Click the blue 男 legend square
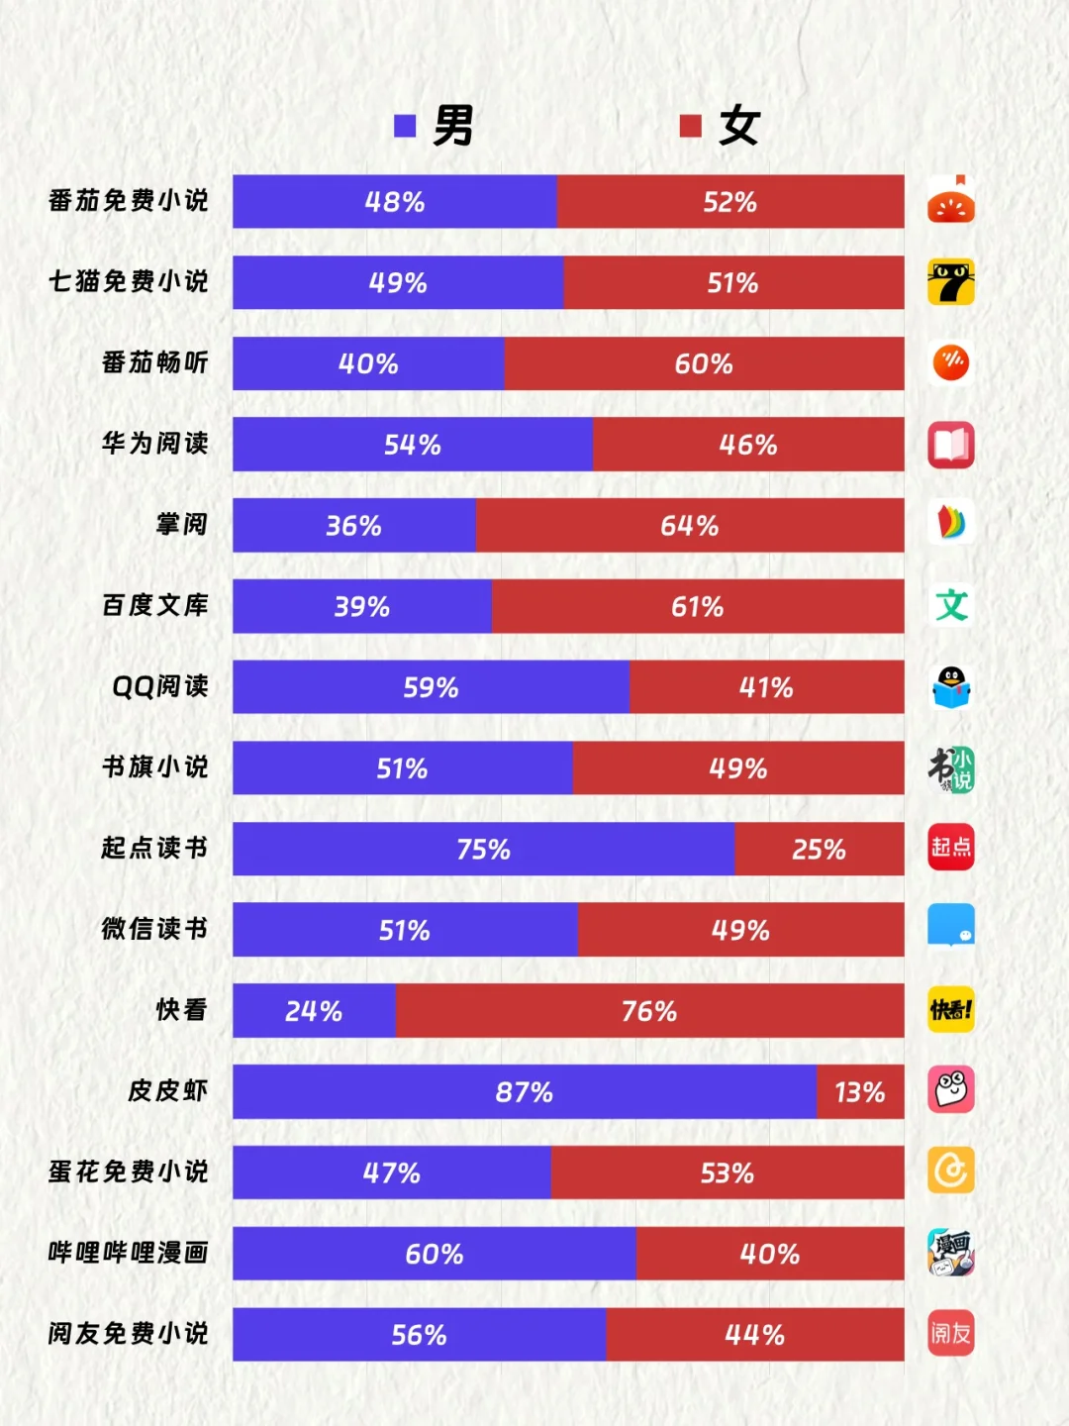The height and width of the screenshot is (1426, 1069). [405, 126]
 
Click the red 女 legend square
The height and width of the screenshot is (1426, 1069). [691, 126]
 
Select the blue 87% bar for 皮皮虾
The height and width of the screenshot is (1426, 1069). [525, 1091]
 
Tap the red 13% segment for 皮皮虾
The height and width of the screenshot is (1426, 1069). [859, 1091]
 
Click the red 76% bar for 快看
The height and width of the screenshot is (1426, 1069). [649, 1010]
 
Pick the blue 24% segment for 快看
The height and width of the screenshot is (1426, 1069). [314, 1010]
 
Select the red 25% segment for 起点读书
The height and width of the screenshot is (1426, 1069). [819, 849]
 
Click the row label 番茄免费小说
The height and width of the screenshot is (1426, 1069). [129, 201]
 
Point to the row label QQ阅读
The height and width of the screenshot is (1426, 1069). [160, 686]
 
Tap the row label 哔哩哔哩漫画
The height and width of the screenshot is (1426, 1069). [129, 1253]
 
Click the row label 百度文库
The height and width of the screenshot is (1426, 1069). [155, 605]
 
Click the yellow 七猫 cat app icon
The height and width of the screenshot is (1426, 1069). [950, 282]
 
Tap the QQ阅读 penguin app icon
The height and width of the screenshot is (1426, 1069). [950, 686]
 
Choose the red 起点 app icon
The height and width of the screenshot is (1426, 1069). [950, 848]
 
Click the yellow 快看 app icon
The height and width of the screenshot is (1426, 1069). [950, 1009]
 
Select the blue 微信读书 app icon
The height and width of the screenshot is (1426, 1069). [950, 927]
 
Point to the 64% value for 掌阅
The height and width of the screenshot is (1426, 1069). [690, 525]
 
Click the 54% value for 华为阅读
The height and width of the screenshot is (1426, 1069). [413, 445]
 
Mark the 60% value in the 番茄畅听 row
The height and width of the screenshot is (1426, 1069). [704, 363]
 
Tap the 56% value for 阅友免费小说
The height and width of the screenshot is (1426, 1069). [419, 1335]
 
